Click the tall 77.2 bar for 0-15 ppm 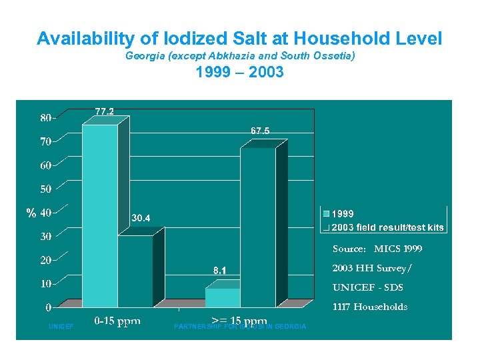[x=99, y=213]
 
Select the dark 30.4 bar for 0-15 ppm [x=135, y=270]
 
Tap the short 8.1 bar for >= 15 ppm [x=222, y=297]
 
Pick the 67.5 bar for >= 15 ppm [x=257, y=227]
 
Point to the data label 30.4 [x=141, y=218]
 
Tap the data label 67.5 [x=260, y=131]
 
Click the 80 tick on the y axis [x=46, y=118]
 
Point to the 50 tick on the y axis [x=46, y=189]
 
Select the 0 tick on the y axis [x=49, y=307]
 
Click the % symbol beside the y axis [x=31, y=213]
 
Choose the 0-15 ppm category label [x=117, y=321]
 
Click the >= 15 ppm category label [x=239, y=321]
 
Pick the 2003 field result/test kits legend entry [x=387, y=227]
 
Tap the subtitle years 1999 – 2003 [x=239, y=72]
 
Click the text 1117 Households [x=369, y=307]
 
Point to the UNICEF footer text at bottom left [x=61, y=327]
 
